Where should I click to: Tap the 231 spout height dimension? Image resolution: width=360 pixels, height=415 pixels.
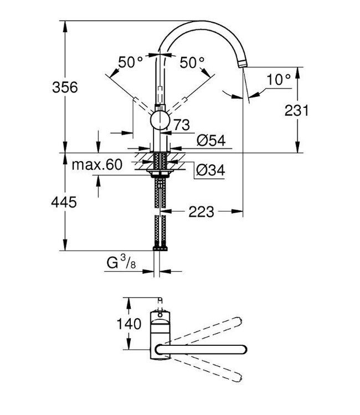pos(296,110)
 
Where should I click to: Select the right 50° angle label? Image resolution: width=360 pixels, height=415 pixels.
pos(192,63)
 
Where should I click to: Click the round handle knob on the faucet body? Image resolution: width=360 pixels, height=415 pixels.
pos(160,120)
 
